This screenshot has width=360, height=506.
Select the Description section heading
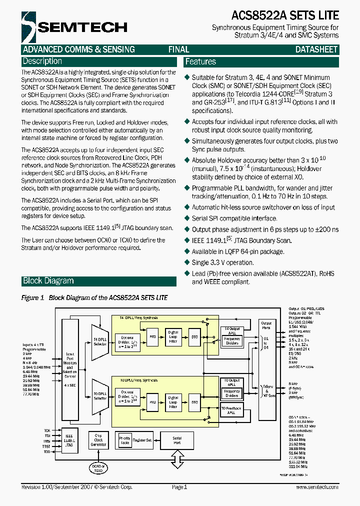[42, 61]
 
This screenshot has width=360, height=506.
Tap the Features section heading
[200, 62]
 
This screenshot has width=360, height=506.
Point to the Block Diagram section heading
[48, 281]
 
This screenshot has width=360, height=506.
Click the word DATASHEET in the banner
[316, 49]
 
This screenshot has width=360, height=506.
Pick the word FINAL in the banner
[178, 49]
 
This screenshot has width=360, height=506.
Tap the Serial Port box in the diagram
[177, 440]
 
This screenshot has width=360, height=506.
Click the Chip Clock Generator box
[99, 440]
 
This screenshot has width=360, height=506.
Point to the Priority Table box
[124, 440]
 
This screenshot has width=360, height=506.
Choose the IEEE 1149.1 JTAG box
[69, 440]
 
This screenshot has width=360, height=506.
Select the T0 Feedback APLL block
[231, 410]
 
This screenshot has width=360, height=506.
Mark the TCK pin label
[47, 430]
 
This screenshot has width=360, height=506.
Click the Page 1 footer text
[179, 487]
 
